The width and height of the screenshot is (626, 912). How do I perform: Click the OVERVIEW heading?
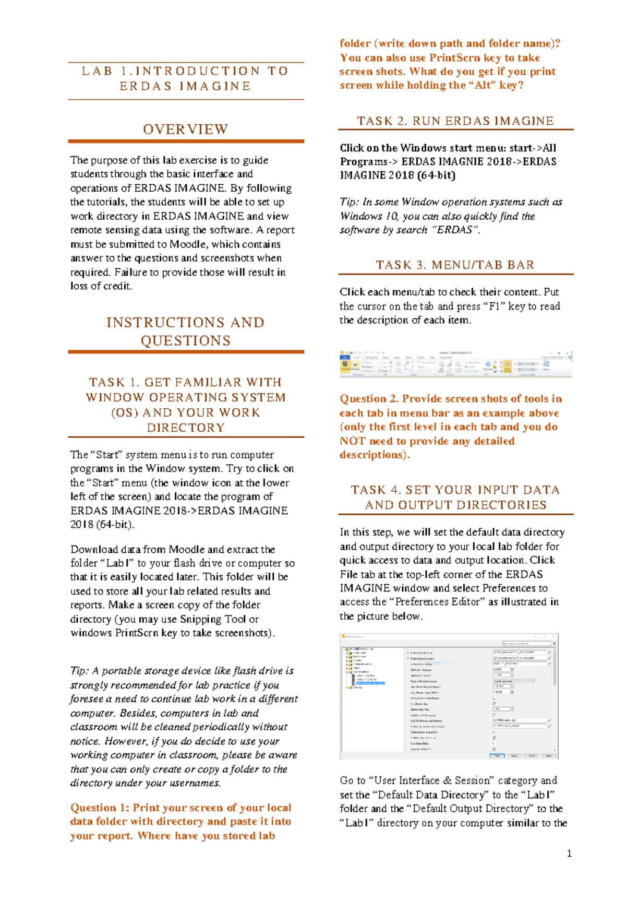tap(186, 129)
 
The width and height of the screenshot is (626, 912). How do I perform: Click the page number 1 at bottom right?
tap(569, 854)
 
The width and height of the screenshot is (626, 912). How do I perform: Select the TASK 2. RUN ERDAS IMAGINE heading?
tap(455, 121)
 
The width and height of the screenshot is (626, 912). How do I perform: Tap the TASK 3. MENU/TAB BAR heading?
tap(455, 265)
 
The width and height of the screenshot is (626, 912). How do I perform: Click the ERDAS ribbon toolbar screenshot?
tap(455, 364)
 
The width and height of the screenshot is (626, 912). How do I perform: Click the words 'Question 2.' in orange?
tap(369, 399)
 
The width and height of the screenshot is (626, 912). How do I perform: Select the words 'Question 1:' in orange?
tap(100, 808)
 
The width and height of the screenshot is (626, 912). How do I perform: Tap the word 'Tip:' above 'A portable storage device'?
tap(79, 671)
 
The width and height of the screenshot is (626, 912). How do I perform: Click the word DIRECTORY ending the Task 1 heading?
tap(186, 428)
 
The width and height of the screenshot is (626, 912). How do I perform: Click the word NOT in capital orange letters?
tap(352, 441)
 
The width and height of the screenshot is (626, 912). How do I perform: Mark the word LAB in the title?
tap(97, 71)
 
